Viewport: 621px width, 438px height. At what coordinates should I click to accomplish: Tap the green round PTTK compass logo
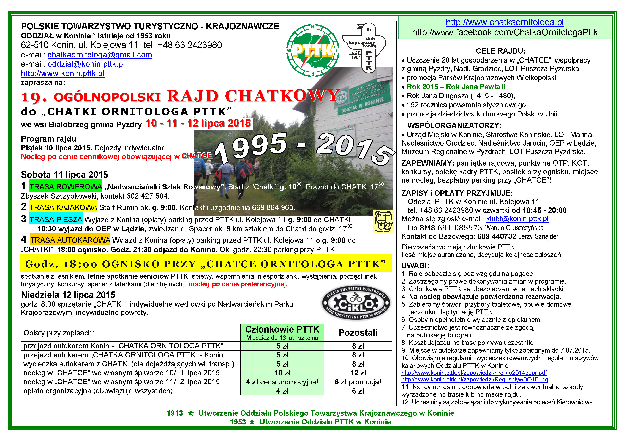tap(313, 50)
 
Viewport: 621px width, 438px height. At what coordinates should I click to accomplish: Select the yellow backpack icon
tap(383, 221)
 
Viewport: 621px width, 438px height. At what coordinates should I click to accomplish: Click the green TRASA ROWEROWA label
tap(66, 187)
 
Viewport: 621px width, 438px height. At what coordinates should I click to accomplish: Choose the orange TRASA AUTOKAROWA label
tap(70, 240)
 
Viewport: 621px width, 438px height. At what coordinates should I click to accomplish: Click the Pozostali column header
tap(358, 333)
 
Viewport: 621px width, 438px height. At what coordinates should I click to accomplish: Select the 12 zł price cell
tap(358, 373)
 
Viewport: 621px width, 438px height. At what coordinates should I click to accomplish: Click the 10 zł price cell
tap(282, 373)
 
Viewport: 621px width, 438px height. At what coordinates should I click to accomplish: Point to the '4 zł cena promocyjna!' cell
tap(282, 382)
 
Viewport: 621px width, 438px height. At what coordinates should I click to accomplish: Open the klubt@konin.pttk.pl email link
tap(517, 219)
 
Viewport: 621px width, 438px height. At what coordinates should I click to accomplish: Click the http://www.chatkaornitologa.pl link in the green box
tap(505, 22)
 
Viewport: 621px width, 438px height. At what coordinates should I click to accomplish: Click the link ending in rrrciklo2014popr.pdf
tap(474, 373)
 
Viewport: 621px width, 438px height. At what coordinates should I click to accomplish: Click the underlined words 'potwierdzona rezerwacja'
tap(520, 297)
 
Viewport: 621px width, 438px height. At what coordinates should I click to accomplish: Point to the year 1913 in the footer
tap(175, 413)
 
